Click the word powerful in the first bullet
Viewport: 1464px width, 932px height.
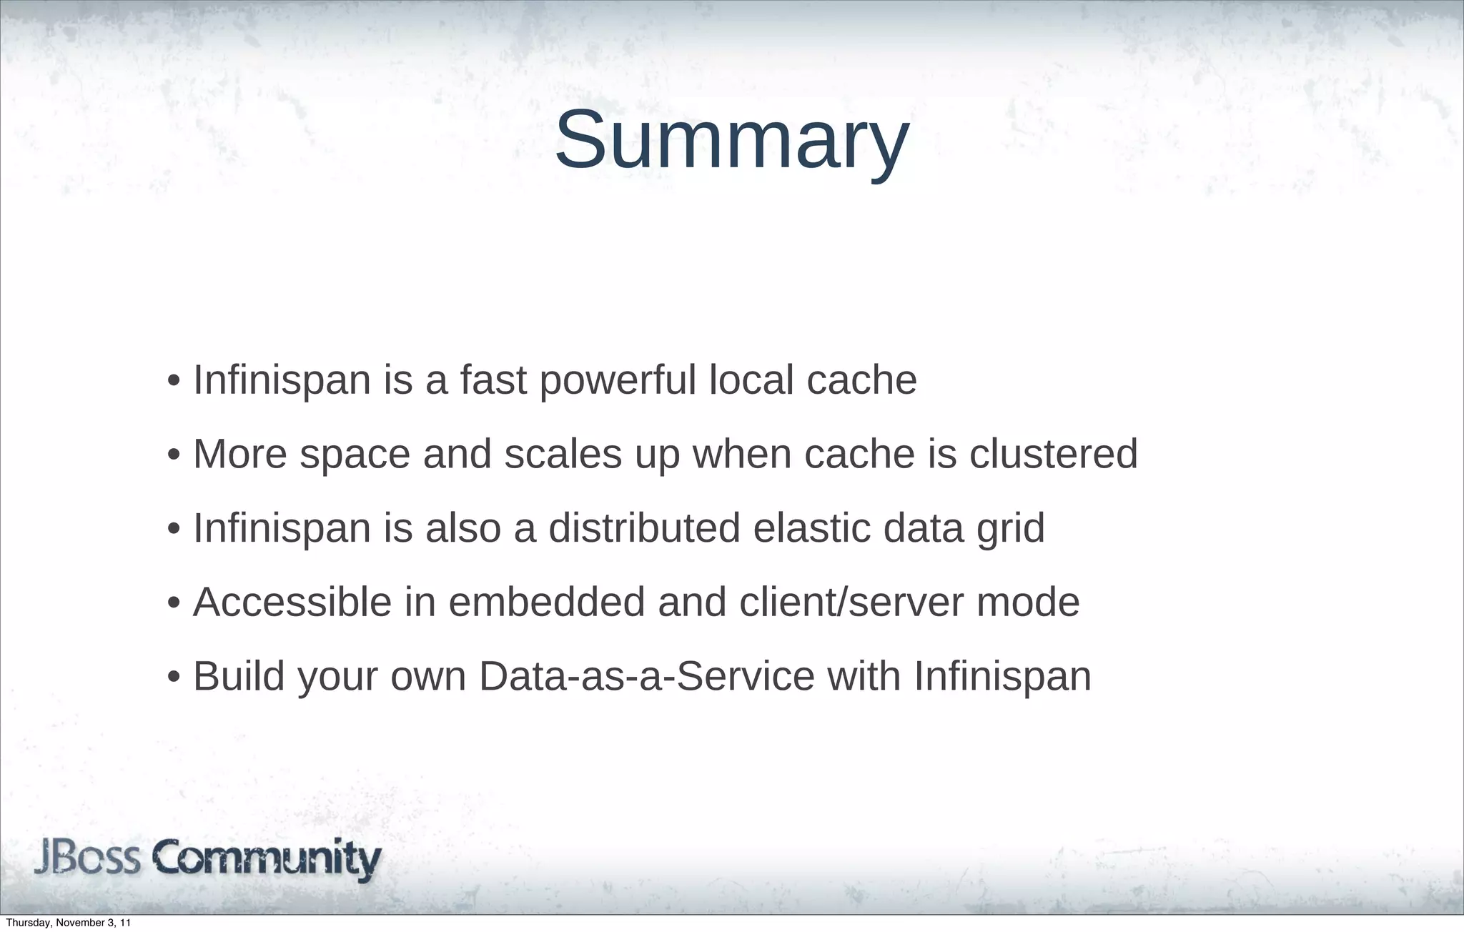618,380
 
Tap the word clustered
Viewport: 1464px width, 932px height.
1053,454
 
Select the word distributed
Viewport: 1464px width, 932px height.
644,528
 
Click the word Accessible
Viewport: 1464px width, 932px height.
292,602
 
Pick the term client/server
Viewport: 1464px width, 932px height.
851,602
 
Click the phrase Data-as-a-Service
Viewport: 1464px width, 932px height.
646,676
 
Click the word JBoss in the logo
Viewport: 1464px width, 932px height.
87,860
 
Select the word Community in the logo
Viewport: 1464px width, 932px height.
267,861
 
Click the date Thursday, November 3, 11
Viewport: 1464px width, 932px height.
68,923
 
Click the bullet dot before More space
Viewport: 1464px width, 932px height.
173,455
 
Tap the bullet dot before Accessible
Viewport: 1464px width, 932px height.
173,603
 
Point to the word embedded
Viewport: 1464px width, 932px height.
547,602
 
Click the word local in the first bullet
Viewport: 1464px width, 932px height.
751,380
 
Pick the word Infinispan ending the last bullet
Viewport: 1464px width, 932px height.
1002,676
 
